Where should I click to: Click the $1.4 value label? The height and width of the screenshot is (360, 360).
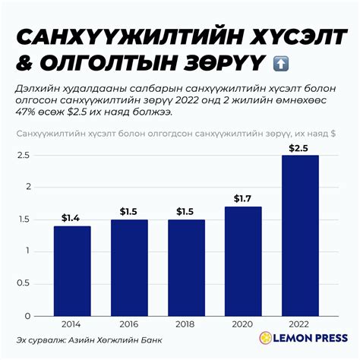pos(72,218)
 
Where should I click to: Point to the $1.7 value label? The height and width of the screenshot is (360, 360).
pos(243,198)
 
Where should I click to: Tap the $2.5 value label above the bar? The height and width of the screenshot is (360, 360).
pos(300,147)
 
